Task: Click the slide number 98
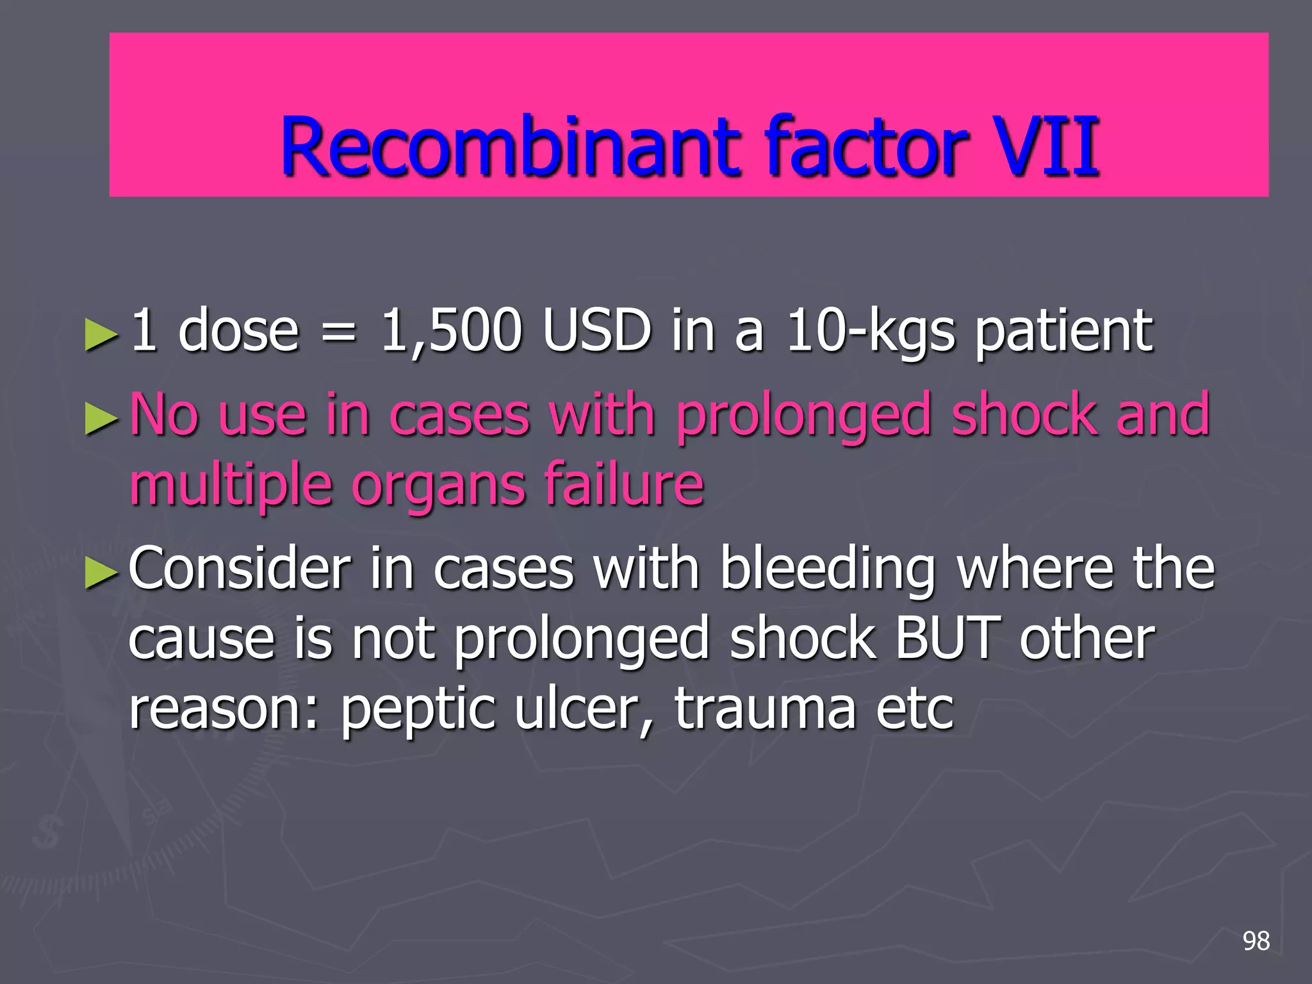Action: click(1256, 941)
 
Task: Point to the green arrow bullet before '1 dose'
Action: click(101, 334)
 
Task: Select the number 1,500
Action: click(451, 331)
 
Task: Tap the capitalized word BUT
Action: click(947, 639)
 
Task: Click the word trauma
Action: click(765, 709)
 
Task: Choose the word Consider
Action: click(240, 568)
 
